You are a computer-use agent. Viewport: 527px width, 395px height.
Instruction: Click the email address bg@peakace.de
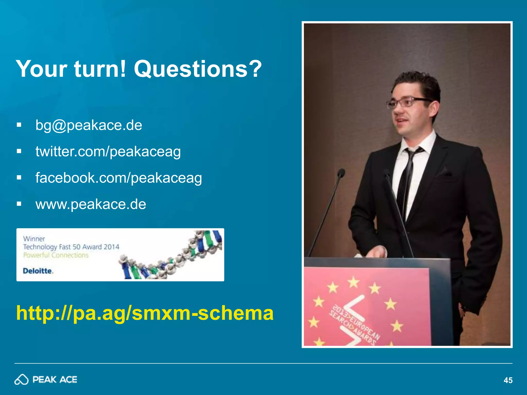(x=89, y=125)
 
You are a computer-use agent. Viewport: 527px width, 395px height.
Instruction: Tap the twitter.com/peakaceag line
(x=108, y=152)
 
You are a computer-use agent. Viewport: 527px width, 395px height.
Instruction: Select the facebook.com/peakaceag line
(x=119, y=178)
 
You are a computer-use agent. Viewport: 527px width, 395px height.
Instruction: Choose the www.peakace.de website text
(x=91, y=204)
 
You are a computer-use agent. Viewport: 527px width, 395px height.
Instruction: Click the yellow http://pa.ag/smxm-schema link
(x=145, y=313)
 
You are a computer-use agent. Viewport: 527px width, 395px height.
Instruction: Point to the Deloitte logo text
(x=38, y=271)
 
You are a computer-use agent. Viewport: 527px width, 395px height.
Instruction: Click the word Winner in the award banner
(x=34, y=239)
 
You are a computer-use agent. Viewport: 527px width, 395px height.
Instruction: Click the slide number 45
(x=508, y=380)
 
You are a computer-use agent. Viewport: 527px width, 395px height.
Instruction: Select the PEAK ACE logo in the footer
(x=46, y=380)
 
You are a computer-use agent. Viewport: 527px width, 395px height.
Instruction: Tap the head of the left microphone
(x=341, y=173)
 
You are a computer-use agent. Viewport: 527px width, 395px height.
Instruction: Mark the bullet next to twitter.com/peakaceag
(x=19, y=151)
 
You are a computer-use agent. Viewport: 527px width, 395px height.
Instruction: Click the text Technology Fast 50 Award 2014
(x=71, y=247)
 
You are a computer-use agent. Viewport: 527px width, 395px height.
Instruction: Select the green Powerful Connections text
(x=56, y=255)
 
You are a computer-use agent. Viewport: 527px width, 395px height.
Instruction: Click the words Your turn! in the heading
(x=71, y=69)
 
